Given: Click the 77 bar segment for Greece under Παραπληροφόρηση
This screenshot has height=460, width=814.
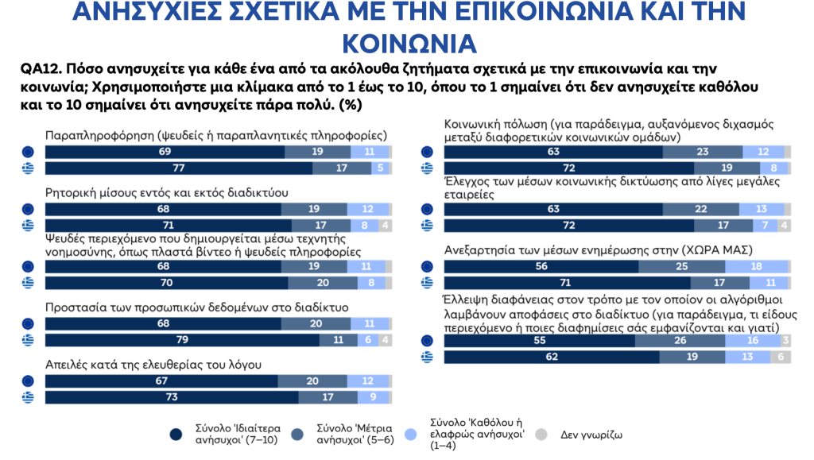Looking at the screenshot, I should [179, 168].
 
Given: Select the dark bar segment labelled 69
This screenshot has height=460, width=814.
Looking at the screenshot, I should [165, 151].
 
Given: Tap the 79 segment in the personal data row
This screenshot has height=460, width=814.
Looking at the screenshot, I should [183, 339].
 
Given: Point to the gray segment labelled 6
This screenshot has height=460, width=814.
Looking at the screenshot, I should [781, 358].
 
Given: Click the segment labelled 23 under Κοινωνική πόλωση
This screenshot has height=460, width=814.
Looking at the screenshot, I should [704, 151].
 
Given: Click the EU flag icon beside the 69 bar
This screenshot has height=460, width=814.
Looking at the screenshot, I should [28, 151].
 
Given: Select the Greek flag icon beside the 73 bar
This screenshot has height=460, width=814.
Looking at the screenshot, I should [28, 396].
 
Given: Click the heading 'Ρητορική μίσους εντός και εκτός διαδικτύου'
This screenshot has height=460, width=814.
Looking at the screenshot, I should [166, 193].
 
